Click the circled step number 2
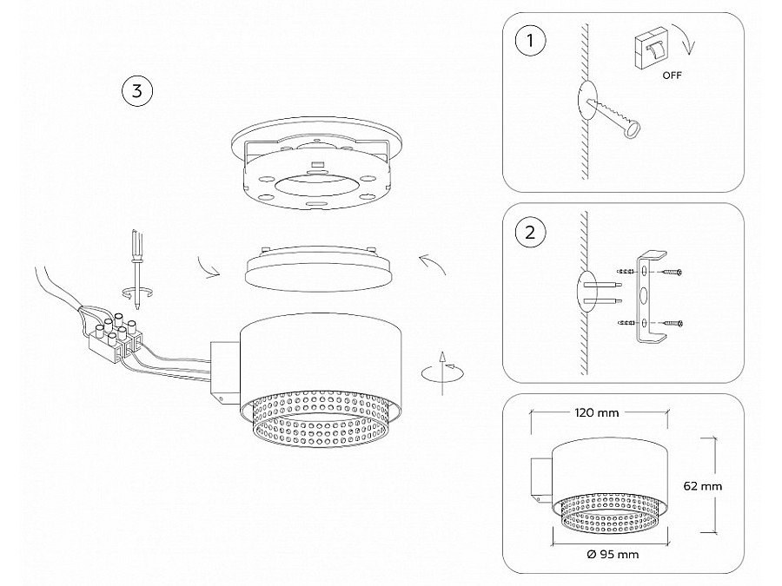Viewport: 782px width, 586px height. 527,233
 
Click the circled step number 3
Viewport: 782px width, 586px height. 137,89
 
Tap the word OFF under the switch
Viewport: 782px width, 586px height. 672,76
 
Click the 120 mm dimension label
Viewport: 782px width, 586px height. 597,412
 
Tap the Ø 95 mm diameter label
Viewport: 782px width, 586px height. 613,554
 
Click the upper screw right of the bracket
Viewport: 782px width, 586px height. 673,273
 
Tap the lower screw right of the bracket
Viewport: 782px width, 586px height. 673,324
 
